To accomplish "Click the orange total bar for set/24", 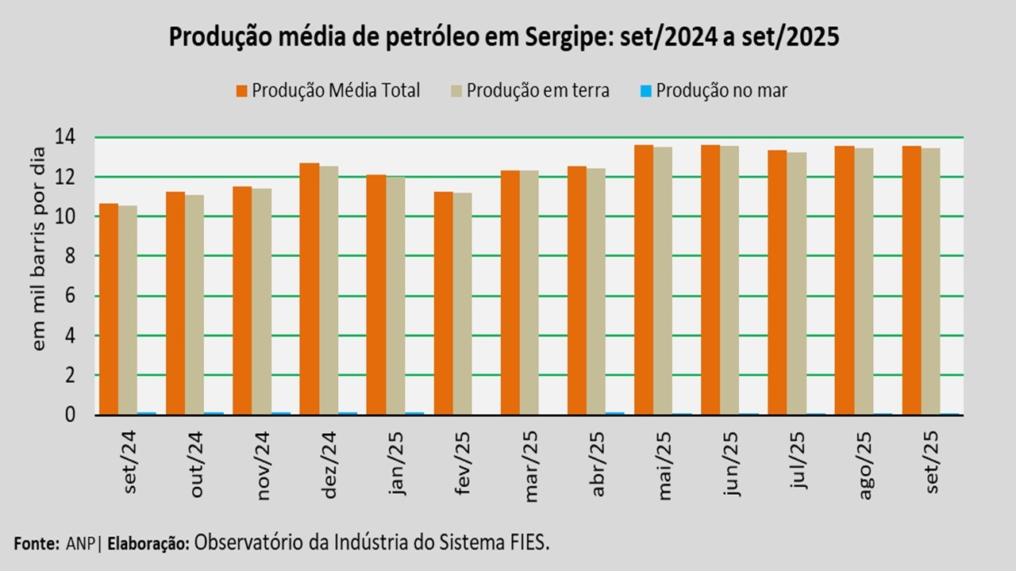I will tap(109, 309).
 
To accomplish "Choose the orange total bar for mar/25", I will tap(510, 293).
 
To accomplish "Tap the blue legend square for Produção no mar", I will tap(646, 90).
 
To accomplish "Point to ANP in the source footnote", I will tap(79, 544).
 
